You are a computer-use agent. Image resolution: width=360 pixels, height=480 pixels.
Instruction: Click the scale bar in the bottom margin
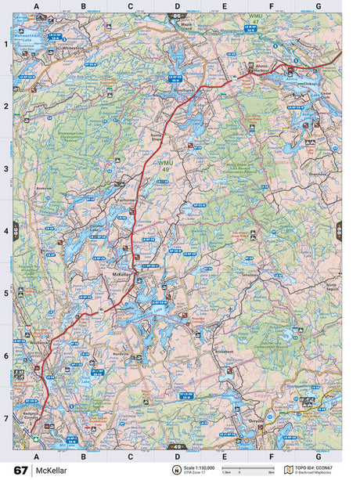pyautogui.click(x=241, y=471)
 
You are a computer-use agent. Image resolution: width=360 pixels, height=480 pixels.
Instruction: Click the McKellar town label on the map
pyautogui.click(x=121, y=276)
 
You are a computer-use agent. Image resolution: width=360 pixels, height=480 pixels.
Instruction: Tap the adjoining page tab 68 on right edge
pyautogui.click(x=339, y=229)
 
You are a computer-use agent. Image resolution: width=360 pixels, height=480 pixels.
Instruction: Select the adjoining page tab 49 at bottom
pyautogui.click(x=177, y=446)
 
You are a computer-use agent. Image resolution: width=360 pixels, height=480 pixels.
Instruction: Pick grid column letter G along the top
pyautogui.click(x=318, y=7)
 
